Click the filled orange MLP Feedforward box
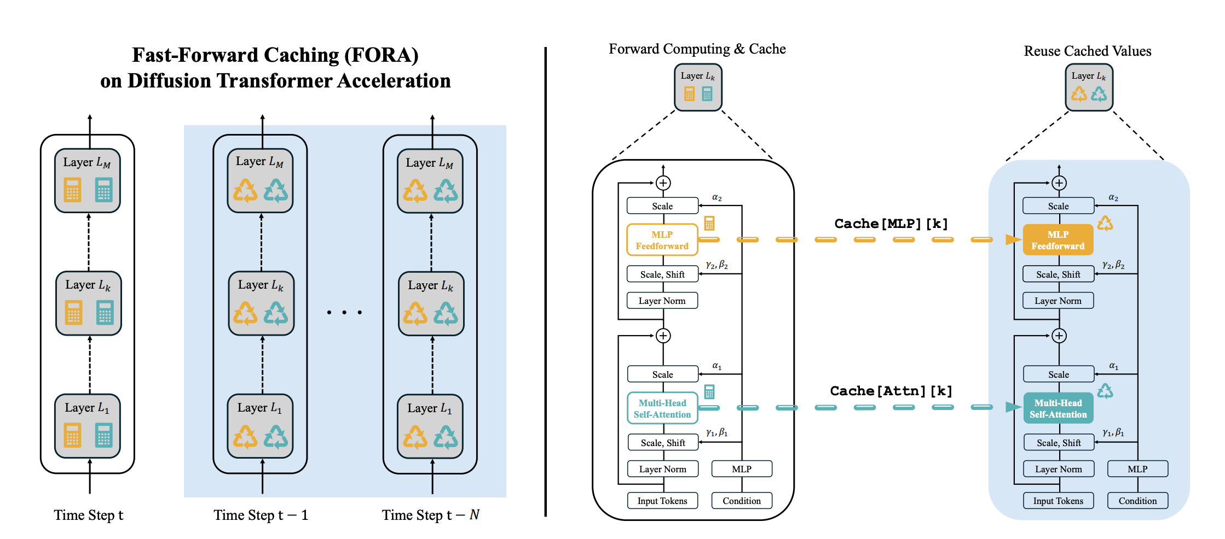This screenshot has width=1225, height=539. [x=1058, y=240]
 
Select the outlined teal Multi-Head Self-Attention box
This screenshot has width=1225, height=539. [x=662, y=408]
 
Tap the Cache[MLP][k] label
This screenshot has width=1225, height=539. [x=891, y=224]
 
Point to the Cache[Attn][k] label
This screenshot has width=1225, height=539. [x=891, y=391]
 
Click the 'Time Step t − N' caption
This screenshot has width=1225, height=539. [x=430, y=515]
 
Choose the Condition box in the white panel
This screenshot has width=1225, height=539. [x=741, y=501]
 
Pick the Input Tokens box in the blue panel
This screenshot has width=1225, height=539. [x=1058, y=501]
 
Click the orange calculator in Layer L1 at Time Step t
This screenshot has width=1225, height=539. [x=72, y=436]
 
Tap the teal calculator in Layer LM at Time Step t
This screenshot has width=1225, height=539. [x=103, y=190]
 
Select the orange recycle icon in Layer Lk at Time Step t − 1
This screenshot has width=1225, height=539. [x=245, y=314]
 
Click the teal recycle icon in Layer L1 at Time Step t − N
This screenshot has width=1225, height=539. [x=446, y=437]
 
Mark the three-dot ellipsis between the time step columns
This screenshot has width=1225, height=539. [x=344, y=312]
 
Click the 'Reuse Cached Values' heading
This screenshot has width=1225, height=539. [x=1087, y=51]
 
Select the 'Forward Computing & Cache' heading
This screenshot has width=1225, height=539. [x=697, y=49]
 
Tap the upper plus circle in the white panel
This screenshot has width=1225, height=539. [x=663, y=183]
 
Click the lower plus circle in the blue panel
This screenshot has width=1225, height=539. [x=1059, y=336]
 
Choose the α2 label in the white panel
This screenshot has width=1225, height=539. [x=716, y=197]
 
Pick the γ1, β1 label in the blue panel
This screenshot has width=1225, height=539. [x=1113, y=432]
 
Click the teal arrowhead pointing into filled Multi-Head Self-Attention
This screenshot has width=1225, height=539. [x=1013, y=407]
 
